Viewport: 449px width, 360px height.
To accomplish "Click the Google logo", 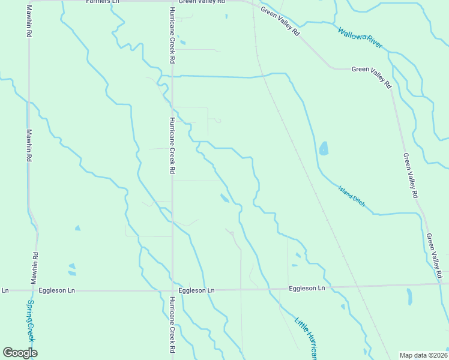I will pos(20,353).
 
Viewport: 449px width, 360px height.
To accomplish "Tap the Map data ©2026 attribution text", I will pos(423,355).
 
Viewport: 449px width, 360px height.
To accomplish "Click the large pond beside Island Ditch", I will pos(324,148).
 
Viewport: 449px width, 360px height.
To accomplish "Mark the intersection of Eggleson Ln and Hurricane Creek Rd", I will pos(172,290).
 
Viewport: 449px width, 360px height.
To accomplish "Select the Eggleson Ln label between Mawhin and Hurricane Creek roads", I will pos(57,290).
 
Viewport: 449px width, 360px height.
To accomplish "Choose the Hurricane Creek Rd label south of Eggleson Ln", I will pos(172,324).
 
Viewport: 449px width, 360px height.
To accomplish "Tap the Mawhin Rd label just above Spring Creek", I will pos(35,268).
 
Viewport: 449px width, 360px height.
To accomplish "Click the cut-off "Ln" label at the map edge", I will pos(5,290).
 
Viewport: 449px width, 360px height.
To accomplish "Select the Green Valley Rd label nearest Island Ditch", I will pos(410,175).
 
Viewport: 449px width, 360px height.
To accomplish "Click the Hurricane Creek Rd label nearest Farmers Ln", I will pos(172,36).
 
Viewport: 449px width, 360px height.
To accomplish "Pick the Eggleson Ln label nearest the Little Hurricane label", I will pos(307,288).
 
